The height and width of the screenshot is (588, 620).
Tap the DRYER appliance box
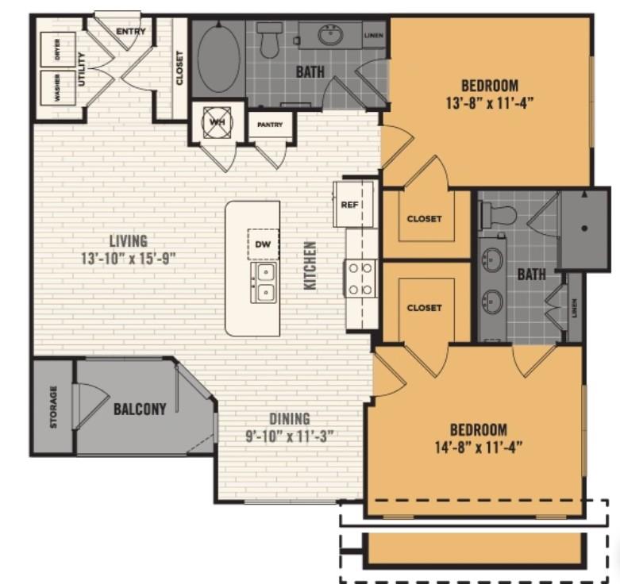(57, 49)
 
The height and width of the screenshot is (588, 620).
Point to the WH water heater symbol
(216, 123)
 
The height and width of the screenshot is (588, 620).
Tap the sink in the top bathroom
(330, 35)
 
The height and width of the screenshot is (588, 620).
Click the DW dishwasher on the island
(263, 244)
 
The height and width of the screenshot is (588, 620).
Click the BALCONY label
(140, 409)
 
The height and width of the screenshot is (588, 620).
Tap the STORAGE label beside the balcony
(53, 406)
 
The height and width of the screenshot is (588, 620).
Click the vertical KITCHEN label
(310, 265)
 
